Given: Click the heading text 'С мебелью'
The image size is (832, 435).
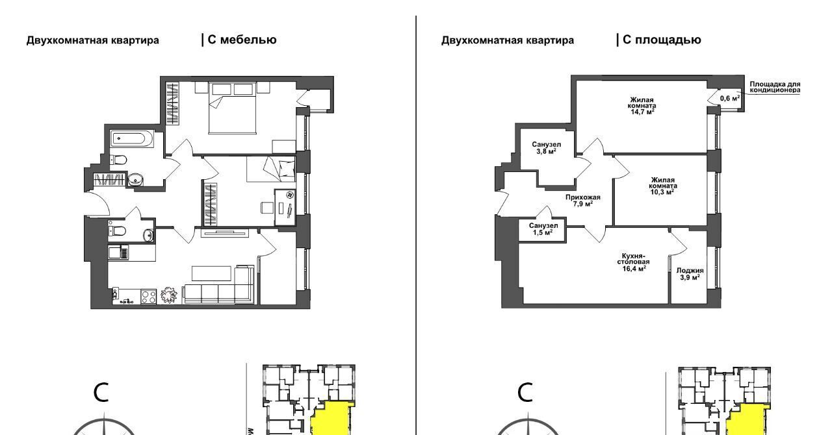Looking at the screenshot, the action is click(242, 40).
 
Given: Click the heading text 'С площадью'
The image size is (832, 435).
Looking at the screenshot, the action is click(662, 40).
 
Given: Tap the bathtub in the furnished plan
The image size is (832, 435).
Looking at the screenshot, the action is click(132, 139).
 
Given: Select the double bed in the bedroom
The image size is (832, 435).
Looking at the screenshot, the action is click(233, 108).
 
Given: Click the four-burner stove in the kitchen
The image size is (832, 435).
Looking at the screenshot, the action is click(149, 297).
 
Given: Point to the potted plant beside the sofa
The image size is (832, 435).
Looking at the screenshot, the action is click(170, 295).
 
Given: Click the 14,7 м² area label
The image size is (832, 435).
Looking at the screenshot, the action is click(642, 112).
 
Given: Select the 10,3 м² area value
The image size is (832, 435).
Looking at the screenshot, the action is click(662, 192).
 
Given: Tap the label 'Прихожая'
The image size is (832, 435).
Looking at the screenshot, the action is click(583, 197).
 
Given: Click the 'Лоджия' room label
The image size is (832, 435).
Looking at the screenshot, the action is click(690, 271).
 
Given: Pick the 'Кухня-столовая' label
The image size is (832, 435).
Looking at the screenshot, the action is click(633, 258).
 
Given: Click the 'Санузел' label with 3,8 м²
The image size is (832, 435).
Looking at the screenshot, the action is click(546, 144).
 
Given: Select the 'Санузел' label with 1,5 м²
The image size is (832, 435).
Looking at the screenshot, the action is click(543, 226).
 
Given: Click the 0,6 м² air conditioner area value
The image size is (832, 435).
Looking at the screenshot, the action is click(730, 98).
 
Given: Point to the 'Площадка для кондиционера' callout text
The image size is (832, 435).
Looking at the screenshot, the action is click(775, 87).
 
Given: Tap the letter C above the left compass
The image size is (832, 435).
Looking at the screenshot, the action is click(101, 393).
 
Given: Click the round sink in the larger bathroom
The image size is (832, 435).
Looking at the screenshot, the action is click(136, 180).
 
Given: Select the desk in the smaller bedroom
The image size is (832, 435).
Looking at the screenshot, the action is click(285, 208).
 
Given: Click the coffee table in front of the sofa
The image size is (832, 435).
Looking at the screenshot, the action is click(211, 273).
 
